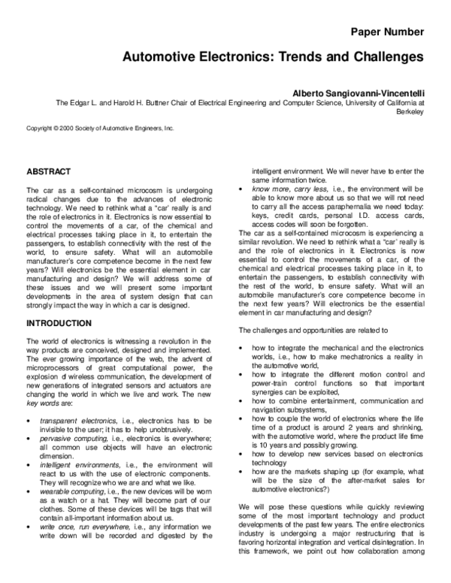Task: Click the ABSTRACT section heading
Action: [49, 171]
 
